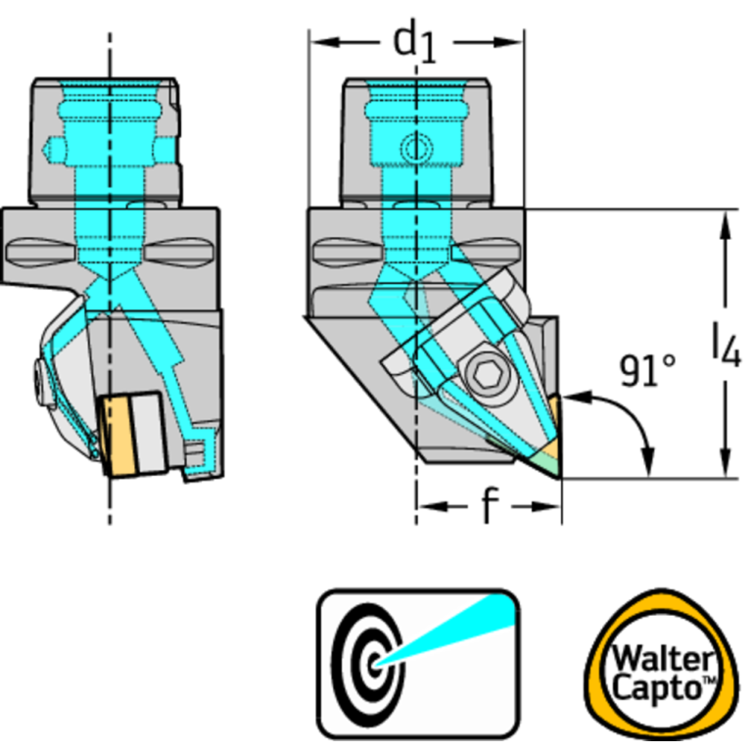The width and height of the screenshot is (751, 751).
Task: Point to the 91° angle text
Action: (647, 369)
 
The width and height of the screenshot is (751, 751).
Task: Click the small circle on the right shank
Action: (417, 149)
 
